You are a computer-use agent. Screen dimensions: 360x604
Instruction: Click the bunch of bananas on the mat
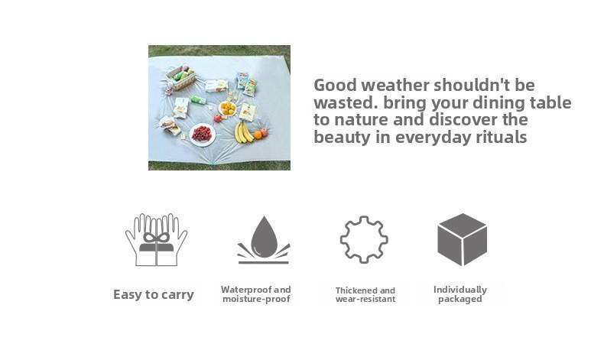tap(244, 132)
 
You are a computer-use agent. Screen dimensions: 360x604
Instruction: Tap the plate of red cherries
tap(202, 134)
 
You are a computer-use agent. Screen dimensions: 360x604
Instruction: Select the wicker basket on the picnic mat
tap(181, 76)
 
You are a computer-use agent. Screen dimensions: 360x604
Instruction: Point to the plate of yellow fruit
tap(228, 109)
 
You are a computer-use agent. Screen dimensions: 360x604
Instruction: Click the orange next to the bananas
tap(258, 135)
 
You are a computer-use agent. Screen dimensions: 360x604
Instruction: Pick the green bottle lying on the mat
tap(199, 99)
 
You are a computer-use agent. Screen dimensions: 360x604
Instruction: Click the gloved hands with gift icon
tap(156, 239)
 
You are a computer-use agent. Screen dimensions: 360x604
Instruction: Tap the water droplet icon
tap(264, 238)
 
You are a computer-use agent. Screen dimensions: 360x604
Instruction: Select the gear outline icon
tap(363, 239)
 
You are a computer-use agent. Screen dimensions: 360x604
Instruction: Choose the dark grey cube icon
tap(462, 239)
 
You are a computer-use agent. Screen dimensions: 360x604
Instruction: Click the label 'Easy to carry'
tap(154, 295)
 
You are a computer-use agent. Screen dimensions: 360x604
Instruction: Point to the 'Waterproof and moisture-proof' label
tap(256, 294)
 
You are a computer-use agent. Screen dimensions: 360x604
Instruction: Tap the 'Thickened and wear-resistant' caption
tap(365, 295)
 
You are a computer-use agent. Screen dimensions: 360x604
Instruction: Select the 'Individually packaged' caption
tap(460, 294)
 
